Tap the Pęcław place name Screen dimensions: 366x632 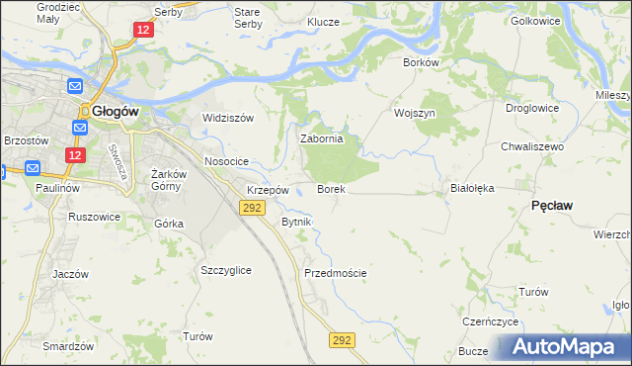click(x=553, y=204)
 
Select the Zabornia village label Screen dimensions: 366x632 click(x=321, y=139)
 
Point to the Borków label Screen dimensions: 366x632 click(x=421, y=61)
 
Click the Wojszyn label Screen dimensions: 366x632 click(x=414, y=113)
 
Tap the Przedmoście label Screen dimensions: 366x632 click(x=336, y=273)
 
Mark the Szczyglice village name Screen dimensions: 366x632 click(x=225, y=270)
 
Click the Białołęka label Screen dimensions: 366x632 click(x=471, y=187)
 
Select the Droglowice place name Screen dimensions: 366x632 click(x=531, y=108)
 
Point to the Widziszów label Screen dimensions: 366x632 click(x=228, y=118)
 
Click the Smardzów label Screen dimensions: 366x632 click(x=68, y=346)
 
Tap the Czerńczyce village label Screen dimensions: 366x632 click(x=491, y=322)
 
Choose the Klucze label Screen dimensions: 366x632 click(x=323, y=22)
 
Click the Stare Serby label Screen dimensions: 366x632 click(x=247, y=18)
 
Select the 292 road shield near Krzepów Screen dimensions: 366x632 click(x=251, y=207)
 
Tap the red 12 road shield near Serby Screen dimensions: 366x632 click(x=144, y=31)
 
